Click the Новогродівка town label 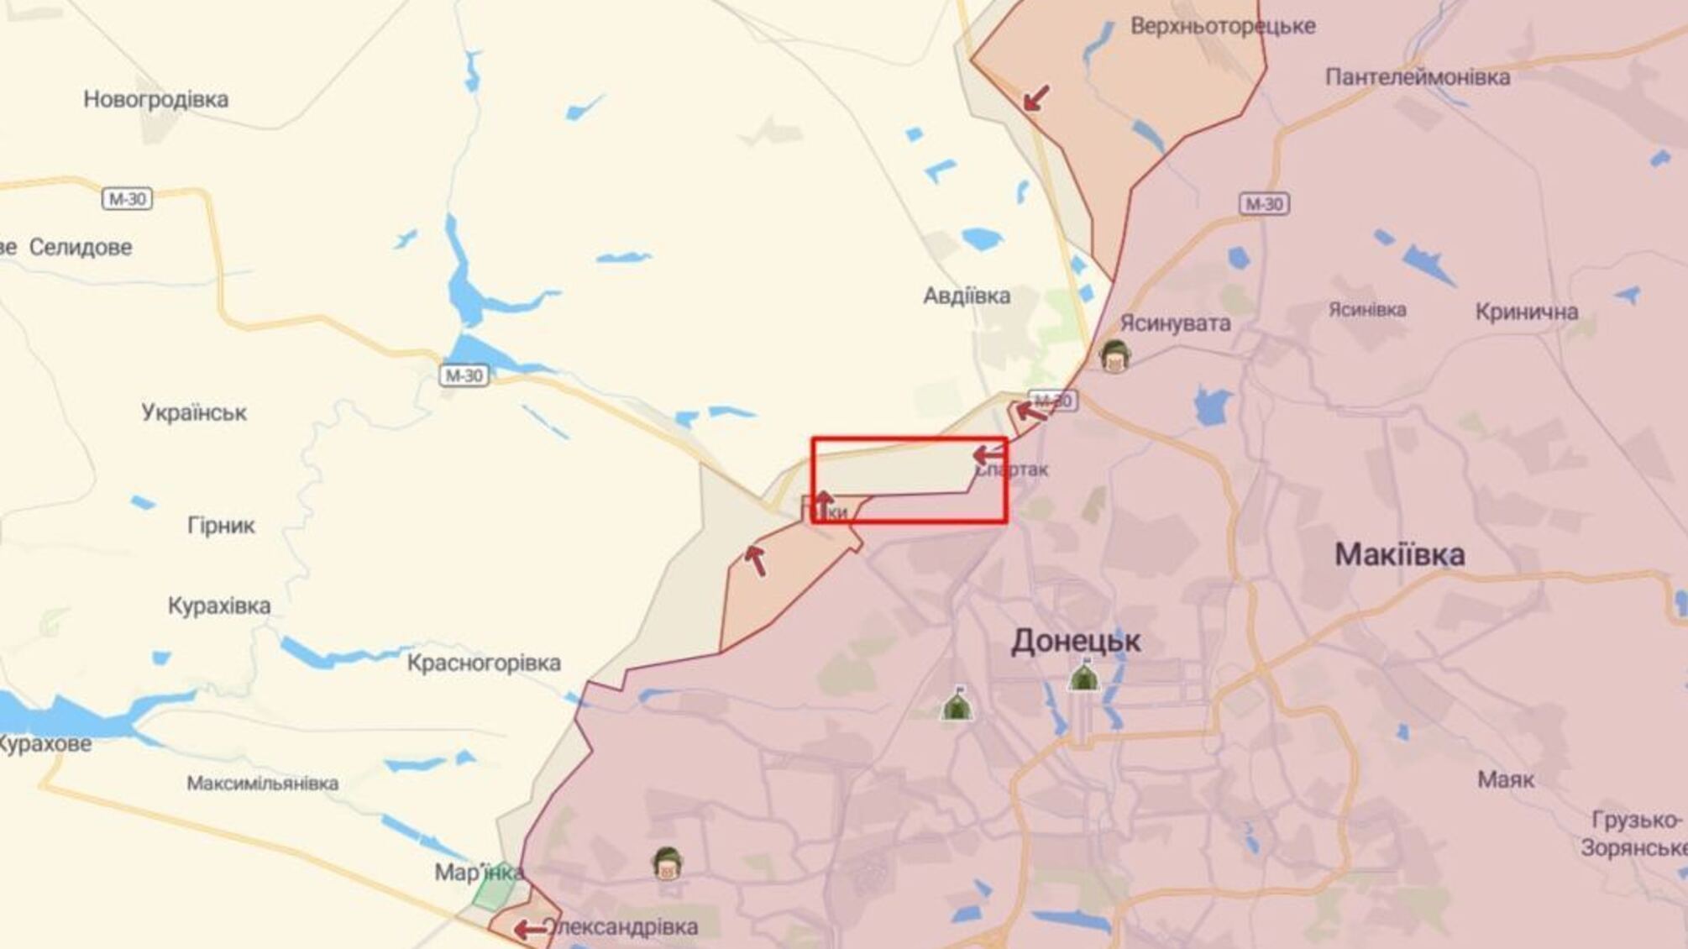click(x=155, y=100)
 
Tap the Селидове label click(x=81, y=248)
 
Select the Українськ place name click(x=194, y=413)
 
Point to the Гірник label click(x=221, y=527)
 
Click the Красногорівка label click(x=484, y=663)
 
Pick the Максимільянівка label click(x=263, y=784)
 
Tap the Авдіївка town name click(x=967, y=296)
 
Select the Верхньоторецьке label click(x=1223, y=26)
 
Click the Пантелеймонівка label click(x=1418, y=77)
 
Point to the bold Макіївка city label click(x=1400, y=555)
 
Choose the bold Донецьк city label click(x=1076, y=642)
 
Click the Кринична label click(x=1527, y=312)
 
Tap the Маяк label click(x=1506, y=780)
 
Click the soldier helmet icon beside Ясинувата click(x=1115, y=356)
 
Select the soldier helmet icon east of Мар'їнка click(x=667, y=862)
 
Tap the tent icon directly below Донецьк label click(x=1083, y=676)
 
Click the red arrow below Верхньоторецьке click(x=1036, y=97)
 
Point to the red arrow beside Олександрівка click(x=530, y=930)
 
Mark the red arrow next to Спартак click(x=988, y=455)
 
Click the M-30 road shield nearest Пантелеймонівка click(x=1264, y=204)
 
